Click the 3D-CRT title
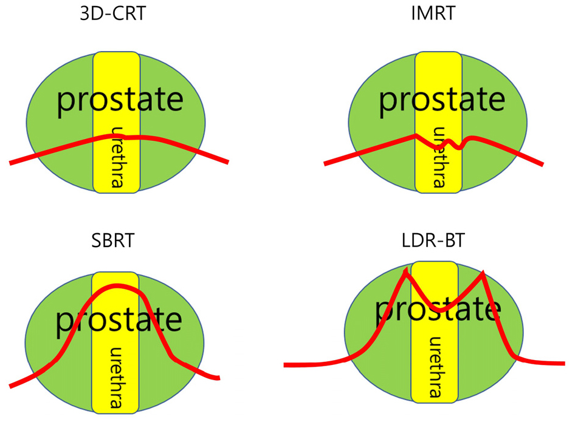pos(113,13)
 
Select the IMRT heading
pos(433,13)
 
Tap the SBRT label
pos(113,240)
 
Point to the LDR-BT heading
pos(433,240)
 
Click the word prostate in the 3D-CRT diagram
pos(120,101)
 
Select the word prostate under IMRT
pos(442,101)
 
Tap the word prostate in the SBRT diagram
pos(119,321)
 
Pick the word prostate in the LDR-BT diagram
pos(438,310)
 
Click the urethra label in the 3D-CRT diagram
pos(117,157)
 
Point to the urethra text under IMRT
pos(439,157)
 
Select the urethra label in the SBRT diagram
pos(116,377)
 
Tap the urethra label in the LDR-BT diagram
pos(435,367)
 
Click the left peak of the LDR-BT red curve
pos(405,271)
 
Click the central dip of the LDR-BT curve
pos(440,310)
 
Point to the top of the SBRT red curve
pos(117,286)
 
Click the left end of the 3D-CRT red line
pos(10,163)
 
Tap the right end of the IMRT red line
pos(542,165)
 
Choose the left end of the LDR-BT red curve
pos(285,365)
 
